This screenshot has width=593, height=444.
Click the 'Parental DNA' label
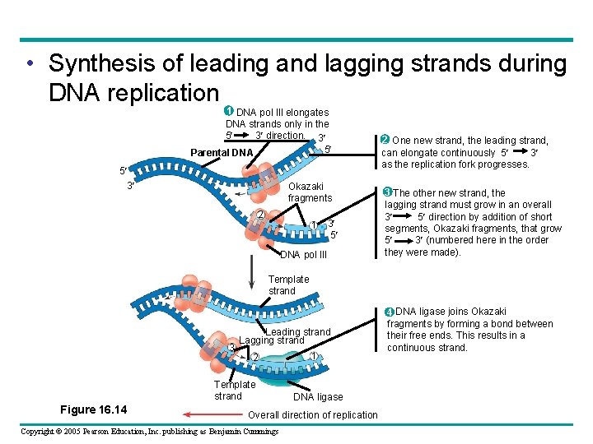(x=222, y=153)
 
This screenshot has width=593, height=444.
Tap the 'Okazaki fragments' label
(x=310, y=192)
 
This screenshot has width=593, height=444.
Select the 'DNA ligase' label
(x=318, y=397)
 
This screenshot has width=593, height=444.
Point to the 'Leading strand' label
(x=298, y=332)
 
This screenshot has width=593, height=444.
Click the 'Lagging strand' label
(x=271, y=340)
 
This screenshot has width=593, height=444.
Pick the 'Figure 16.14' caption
(x=93, y=409)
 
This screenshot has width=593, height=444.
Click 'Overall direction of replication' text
(x=312, y=415)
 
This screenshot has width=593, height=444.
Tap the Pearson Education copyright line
(x=149, y=432)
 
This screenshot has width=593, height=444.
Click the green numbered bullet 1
(x=228, y=112)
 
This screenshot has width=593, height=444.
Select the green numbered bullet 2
(x=383, y=140)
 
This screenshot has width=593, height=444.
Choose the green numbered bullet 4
(x=390, y=312)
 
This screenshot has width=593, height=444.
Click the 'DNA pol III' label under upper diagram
(x=304, y=255)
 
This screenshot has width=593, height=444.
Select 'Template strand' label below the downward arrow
(x=288, y=285)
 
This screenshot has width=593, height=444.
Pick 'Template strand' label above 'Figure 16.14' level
(x=235, y=391)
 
